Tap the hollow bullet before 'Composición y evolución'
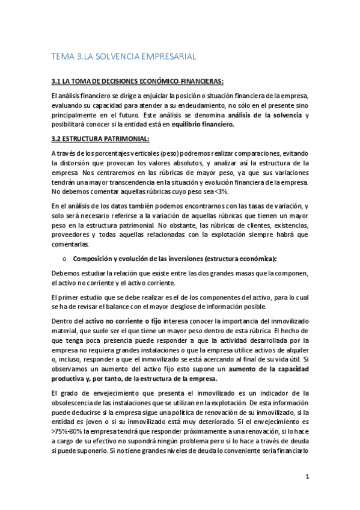(63, 259)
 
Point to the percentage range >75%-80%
(70, 432)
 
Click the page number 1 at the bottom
(307, 477)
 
